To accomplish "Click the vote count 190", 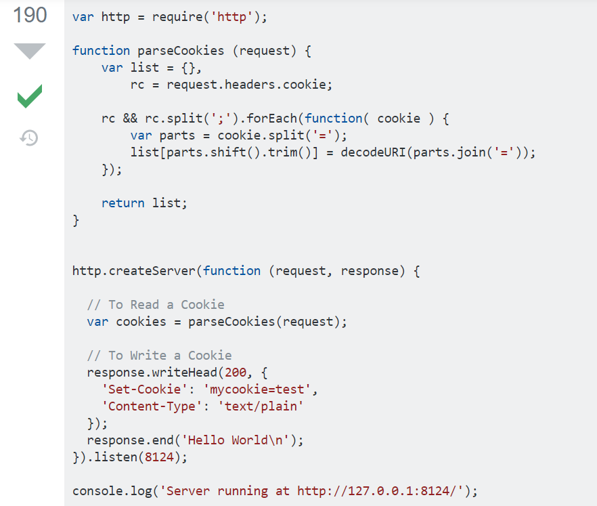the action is point(30,15).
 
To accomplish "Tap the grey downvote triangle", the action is point(30,51).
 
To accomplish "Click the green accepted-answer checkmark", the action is point(30,96).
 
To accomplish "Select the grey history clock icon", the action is point(29,138).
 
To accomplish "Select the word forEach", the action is point(275,119).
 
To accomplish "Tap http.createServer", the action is point(134,271).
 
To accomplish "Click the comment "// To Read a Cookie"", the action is point(156,305).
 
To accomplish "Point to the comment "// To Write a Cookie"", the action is point(159,356).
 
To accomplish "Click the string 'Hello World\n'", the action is point(239,440).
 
